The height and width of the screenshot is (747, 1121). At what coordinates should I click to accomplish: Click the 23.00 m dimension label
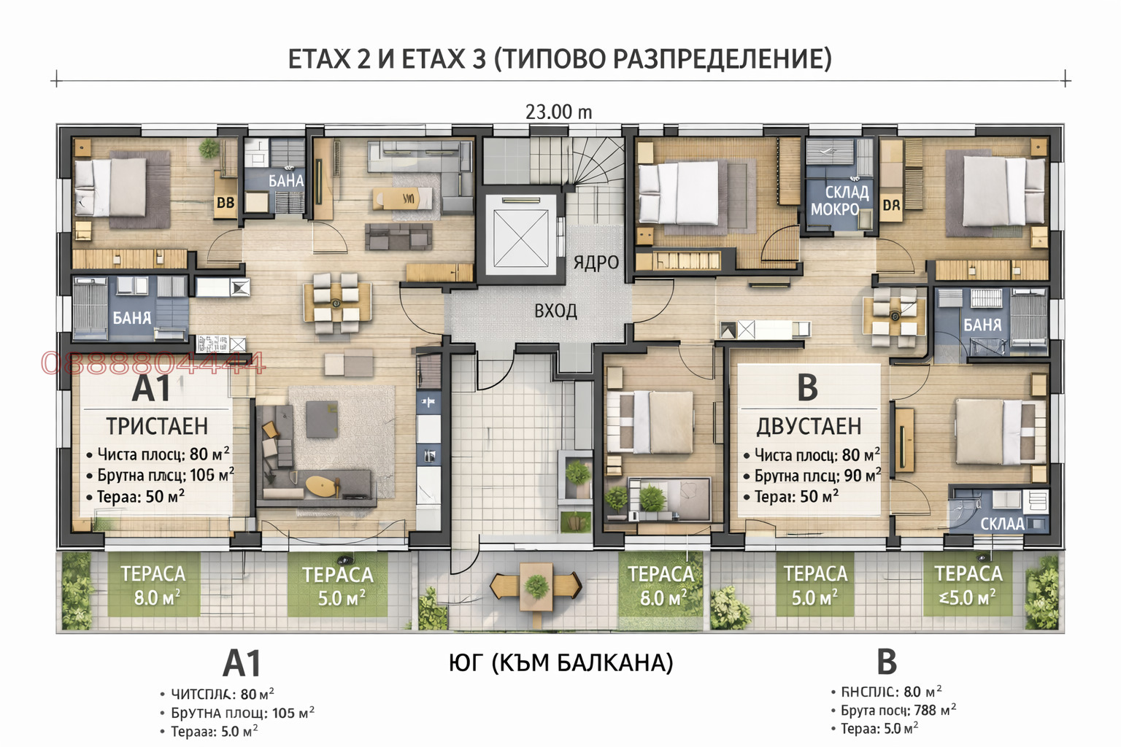click(x=558, y=112)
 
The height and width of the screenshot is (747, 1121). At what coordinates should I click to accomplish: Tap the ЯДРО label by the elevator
click(x=596, y=263)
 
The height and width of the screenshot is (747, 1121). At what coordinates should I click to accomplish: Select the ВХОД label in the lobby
click(x=555, y=311)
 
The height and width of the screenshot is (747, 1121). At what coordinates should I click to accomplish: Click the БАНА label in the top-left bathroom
click(x=285, y=181)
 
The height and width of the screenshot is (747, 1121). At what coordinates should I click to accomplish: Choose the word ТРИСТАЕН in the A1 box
click(x=157, y=426)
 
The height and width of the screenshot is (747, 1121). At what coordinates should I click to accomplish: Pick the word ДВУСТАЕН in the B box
click(x=809, y=426)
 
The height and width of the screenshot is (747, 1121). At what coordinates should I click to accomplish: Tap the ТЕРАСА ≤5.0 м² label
click(x=968, y=586)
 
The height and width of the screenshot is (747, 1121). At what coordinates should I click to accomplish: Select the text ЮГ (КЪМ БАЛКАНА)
click(x=560, y=662)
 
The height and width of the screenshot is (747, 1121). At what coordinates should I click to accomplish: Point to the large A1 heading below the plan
click(x=242, y=664)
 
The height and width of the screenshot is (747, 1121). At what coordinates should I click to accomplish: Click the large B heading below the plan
click(x=886, y=662)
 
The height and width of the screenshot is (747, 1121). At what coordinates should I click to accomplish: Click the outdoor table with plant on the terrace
click(x=536, y=585)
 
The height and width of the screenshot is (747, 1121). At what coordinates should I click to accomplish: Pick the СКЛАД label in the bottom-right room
click(x=1001, y=524)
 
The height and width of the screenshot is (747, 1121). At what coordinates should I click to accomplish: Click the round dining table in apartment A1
click(x=336, y=303)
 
